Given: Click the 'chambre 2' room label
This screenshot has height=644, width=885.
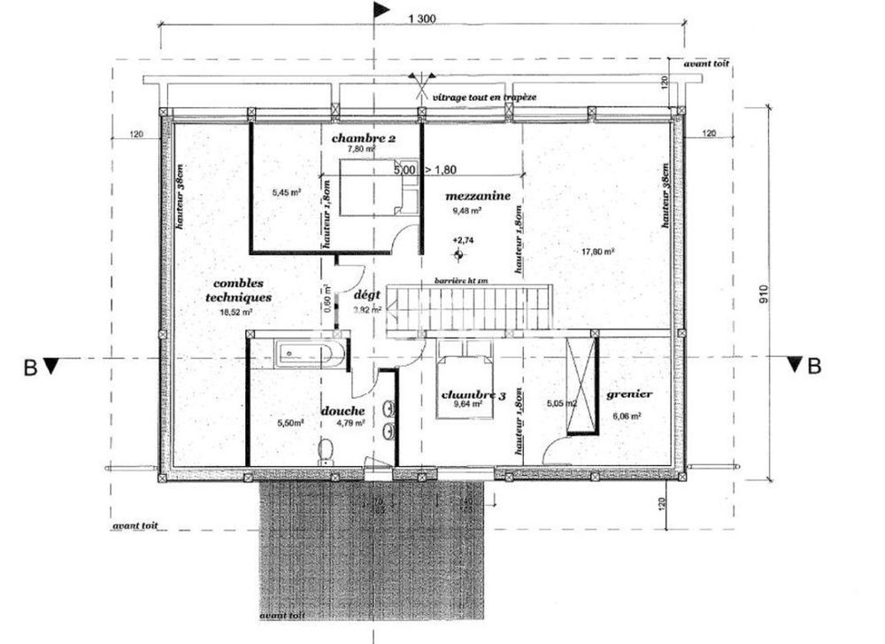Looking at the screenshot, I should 364,138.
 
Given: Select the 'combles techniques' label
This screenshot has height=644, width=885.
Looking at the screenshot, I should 236,291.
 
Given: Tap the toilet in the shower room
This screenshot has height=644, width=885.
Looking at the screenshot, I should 326,452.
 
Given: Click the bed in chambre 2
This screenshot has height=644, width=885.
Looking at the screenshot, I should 367,186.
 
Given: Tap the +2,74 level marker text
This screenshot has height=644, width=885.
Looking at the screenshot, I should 463,240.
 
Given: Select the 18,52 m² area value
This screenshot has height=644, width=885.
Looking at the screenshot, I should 236,313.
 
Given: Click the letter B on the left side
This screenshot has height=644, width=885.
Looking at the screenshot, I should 30,366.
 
